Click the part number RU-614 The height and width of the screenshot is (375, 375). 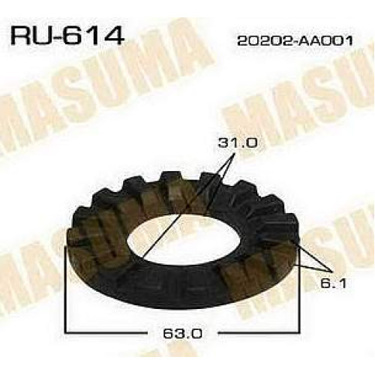[67, 37]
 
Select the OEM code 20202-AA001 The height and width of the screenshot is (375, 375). [295, 40]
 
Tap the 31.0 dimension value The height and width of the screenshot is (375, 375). [238, 143]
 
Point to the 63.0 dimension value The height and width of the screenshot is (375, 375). [182, 333]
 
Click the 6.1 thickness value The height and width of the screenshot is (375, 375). [334, 283]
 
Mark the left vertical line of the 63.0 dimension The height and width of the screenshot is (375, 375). [65, 289]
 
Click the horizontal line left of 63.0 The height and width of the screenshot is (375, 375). [105, 332]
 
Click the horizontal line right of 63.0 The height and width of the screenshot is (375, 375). [259, 332]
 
